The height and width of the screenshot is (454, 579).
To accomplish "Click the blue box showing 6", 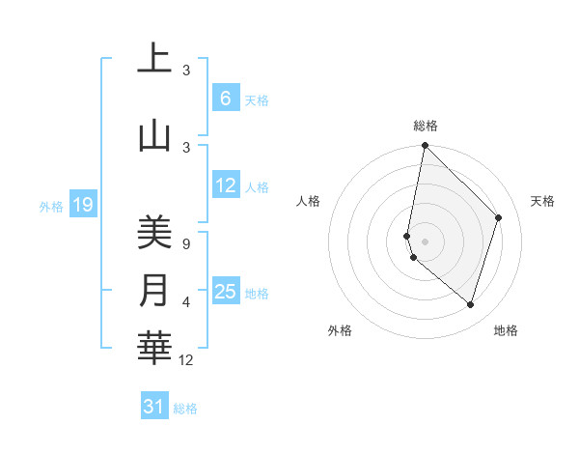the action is pyautogui.click(x=225, y=99).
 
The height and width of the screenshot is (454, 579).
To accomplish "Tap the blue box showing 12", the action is pyautogui.click(x=226, y=186).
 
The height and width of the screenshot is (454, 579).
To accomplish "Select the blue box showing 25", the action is pyautogui.click(x=226, y=292).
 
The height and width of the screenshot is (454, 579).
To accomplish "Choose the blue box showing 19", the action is pyautogui.click(x=83, y=204).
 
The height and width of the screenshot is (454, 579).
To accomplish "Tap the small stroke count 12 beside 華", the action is pyautogui.click(x=186, y=360).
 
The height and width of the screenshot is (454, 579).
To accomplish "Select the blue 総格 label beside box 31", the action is pyautogui.click(x=185, y=409).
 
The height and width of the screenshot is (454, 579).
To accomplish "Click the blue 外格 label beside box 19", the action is pyautogui.click(x=51, y=206).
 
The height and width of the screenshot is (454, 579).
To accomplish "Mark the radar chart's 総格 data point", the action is pyautogui.click(x=425, y=146).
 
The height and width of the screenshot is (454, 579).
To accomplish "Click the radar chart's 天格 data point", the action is pyautogui.click(x=499, y=217).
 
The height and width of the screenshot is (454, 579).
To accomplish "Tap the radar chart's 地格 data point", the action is pyautogui.click(x=470, y=305).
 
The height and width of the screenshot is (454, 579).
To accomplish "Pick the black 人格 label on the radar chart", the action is pyautogui.click(x=309, y=201).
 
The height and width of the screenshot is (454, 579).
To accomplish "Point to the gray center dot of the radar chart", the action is pyautogui.click(x=425, y=241).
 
